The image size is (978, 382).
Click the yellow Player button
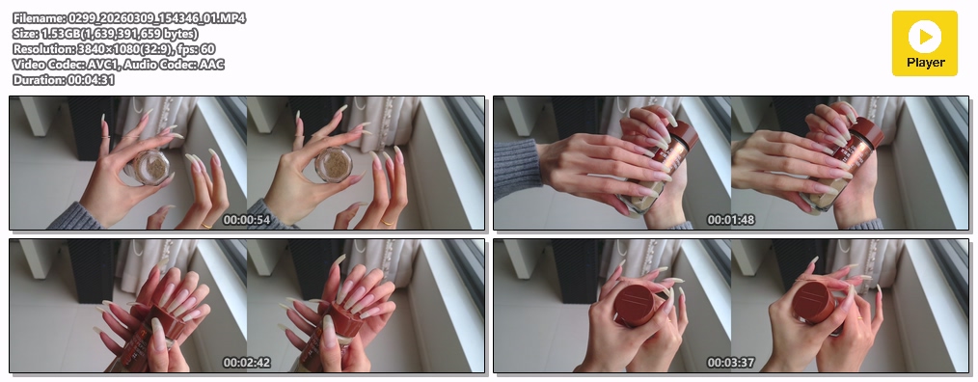coord(924,43)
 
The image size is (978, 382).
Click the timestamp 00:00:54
coord(247,220)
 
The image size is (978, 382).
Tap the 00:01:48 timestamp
coord(731,220)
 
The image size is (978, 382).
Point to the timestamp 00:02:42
coord(247,363)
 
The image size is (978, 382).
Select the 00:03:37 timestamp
coord(731,363)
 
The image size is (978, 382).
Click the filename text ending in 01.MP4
coord(128,18)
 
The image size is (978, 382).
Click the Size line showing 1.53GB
coord(105,34)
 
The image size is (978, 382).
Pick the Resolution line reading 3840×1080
coord(114,48)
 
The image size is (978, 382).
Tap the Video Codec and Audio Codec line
coord(118,65)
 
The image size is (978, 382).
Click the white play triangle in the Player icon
coord(926,37)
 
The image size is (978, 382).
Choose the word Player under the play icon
coord(926,63)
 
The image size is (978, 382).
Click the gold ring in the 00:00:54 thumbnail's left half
coord(205,226)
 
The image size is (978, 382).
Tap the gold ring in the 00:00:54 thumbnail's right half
coord(388,222)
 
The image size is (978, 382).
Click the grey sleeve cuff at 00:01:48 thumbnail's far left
coord(517,169)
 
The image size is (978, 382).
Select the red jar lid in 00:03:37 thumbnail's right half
coord(814,302)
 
